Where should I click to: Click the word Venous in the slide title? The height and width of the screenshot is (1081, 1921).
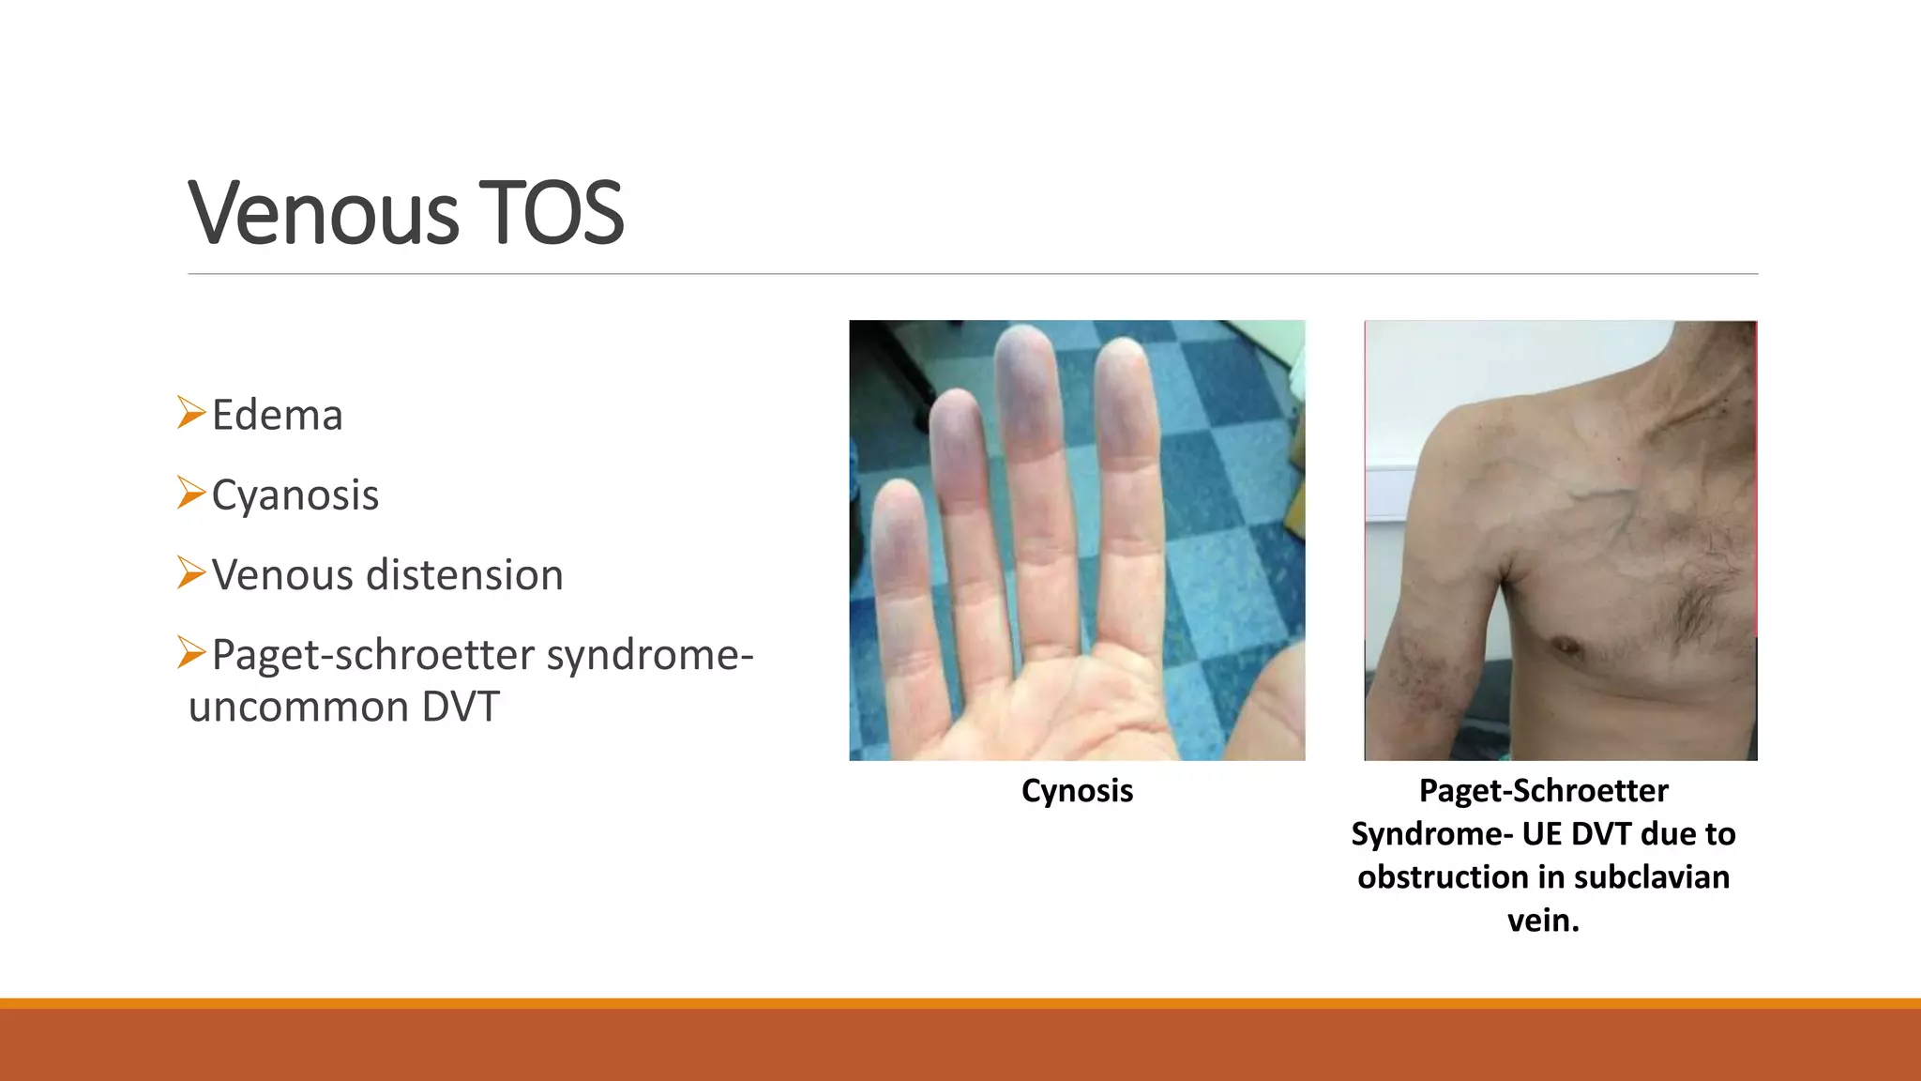(324, 214)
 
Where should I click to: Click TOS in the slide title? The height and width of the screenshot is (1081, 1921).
(551, 214)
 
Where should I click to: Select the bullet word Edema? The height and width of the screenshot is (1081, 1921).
(277, 416)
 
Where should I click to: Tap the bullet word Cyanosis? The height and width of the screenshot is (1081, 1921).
(295, 495)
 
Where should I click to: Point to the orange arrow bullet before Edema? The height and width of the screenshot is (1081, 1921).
(190, 413)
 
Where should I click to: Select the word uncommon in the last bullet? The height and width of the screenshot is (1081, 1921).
(297, 708)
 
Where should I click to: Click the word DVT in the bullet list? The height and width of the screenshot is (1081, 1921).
(461, 708)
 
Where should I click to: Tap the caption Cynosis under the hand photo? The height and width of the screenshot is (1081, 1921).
(1077, 791)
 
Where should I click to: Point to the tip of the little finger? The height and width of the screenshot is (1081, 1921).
(899, 495)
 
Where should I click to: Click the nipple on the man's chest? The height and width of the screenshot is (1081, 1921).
(1564, 646)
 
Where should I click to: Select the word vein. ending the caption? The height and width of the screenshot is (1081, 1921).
(1543, 921)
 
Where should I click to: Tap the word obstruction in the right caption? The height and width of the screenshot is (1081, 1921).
(1443, 877)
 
